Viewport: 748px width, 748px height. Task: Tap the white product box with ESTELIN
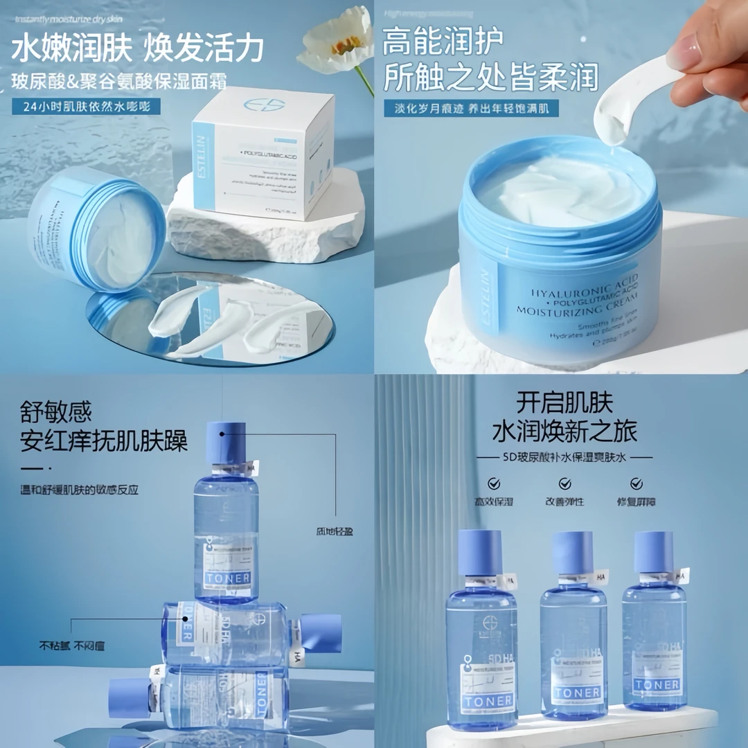coord(263,156)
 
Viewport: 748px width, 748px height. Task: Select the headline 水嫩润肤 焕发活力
coord(138,48)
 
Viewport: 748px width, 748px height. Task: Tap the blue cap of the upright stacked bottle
coord(226,443)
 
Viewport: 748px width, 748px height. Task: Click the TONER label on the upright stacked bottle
coord(229,577)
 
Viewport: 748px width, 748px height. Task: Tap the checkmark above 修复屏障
coord(636,483)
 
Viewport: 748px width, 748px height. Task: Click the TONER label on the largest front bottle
coord(489,700)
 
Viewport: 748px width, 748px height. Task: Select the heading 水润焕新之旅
coord(564,431)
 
